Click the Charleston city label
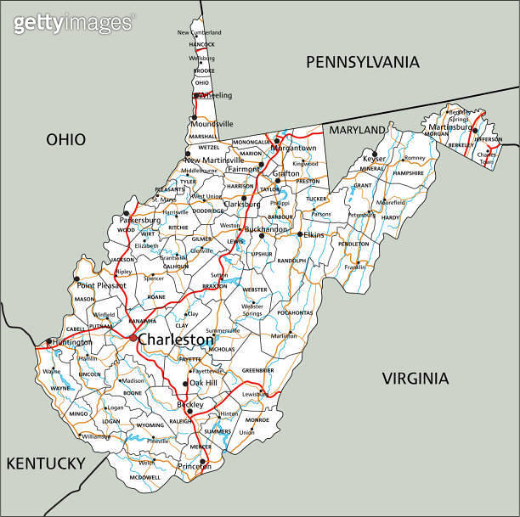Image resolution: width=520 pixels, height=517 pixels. point(176,340)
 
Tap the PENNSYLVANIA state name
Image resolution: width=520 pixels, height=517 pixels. point(363,61)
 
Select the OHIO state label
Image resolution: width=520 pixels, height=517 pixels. point(65,139)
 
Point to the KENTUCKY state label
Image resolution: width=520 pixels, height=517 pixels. point(46,463)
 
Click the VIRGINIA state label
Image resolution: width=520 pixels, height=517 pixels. point(414,378)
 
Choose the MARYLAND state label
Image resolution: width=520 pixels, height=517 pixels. point(357,130)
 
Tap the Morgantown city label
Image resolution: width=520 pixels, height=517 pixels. point(293,148)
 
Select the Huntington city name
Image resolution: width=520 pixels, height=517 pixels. point(71,342)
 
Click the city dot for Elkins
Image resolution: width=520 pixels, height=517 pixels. point(300,234)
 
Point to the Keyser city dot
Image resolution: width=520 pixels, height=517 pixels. point(375,153)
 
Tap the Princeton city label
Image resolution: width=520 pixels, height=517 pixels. point(195,467)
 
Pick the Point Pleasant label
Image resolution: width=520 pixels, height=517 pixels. point(101,286)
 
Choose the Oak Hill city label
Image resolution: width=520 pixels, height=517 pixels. point(203,383)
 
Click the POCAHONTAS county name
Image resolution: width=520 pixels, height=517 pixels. point(295,312)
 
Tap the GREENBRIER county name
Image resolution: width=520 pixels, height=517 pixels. point(257,370)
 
